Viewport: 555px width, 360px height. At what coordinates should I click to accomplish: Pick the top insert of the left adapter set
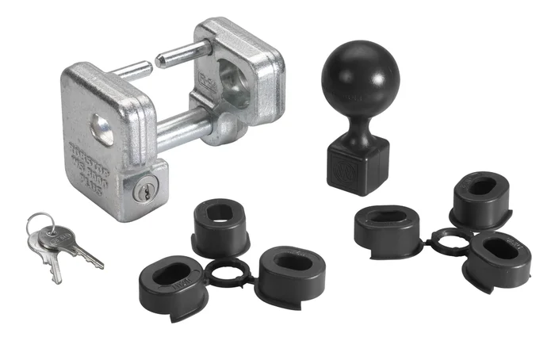tap(221, 225)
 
